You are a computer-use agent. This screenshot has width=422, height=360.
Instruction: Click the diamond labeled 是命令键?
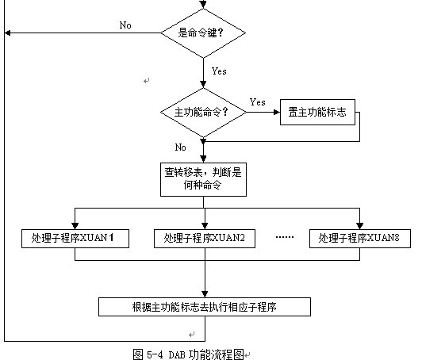pos(203,33)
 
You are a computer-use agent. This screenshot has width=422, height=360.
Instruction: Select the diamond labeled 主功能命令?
pos(203,112)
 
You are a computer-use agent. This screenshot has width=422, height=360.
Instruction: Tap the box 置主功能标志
pos(317,112)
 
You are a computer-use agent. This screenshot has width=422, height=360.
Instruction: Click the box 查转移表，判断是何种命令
pos(203,179)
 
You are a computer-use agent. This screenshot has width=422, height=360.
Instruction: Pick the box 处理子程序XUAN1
pos(75,239)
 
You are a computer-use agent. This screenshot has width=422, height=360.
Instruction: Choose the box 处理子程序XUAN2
pos(205,239)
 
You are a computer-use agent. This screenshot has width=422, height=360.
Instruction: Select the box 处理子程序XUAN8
pos(360,239)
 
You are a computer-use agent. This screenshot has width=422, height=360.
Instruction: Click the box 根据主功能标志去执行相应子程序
pos(205,307)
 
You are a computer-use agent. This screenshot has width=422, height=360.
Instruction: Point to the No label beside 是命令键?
pos(125,25)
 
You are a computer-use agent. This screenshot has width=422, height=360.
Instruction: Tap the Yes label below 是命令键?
pos(219,71)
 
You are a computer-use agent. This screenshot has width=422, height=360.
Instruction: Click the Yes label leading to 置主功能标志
pos(258,102)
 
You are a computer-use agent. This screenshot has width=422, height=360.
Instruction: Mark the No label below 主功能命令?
pos(181,147)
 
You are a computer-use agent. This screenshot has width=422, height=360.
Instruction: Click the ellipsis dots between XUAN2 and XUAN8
pos(285,237)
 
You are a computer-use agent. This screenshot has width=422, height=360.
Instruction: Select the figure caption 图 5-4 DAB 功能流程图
pos(189,354)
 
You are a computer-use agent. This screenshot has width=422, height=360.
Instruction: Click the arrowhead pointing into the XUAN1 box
pos(75,226)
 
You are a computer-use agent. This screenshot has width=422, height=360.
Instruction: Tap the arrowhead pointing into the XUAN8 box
pos(360,226)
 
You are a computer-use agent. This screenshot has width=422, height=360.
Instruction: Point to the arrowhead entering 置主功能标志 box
pos(277,112)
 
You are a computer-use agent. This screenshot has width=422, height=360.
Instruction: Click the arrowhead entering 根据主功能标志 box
pos(205,294)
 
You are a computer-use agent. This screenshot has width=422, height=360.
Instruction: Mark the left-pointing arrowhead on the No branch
pos(8,33)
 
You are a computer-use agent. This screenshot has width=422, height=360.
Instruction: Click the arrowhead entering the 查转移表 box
pos(203,159)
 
